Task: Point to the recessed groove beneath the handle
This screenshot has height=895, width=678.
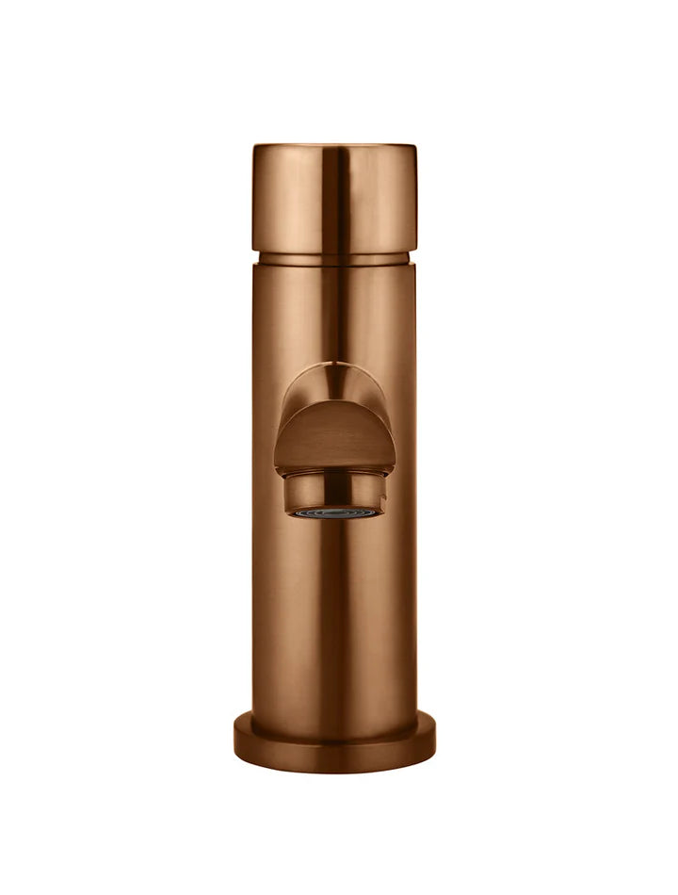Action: pos(334,257)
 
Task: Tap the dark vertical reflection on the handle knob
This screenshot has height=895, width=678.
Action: pos(331,198)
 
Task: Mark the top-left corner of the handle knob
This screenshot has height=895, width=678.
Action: pos(254,147)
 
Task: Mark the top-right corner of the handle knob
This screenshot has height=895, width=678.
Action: pos(415,147)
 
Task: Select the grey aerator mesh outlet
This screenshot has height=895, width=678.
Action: pos(334,513)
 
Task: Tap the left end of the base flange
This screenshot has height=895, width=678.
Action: pos(236,740)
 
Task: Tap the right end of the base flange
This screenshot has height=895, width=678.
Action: pos(434,740)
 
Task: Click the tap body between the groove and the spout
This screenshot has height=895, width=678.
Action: pos(334,311)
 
